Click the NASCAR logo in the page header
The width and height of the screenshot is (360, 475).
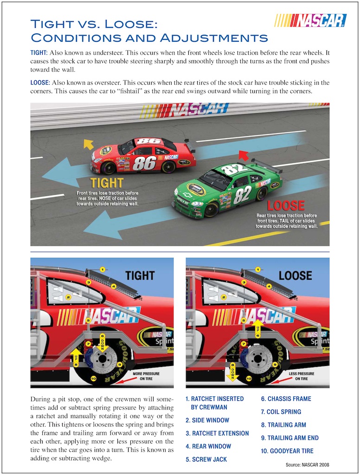coord(311,20)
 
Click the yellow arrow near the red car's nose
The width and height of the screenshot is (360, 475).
coord(88,144)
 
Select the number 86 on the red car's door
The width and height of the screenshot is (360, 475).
coord(144,163)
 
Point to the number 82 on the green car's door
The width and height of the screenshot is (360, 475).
coord(242,195)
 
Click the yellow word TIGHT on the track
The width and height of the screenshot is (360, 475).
coord(107,182)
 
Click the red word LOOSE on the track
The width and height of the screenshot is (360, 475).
coord(286,205)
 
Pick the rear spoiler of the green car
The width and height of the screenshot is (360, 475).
coord(267,166)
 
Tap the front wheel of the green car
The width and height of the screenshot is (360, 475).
coord(211,209)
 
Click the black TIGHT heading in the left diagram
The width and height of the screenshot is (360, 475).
coord(140,276)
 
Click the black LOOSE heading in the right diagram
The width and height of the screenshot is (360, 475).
coord(295,276)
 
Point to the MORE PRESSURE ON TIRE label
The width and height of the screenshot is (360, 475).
coord(146,376)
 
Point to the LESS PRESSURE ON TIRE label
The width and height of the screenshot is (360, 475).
coord(302,376)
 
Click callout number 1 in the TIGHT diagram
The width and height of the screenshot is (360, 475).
coord(103,269)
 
